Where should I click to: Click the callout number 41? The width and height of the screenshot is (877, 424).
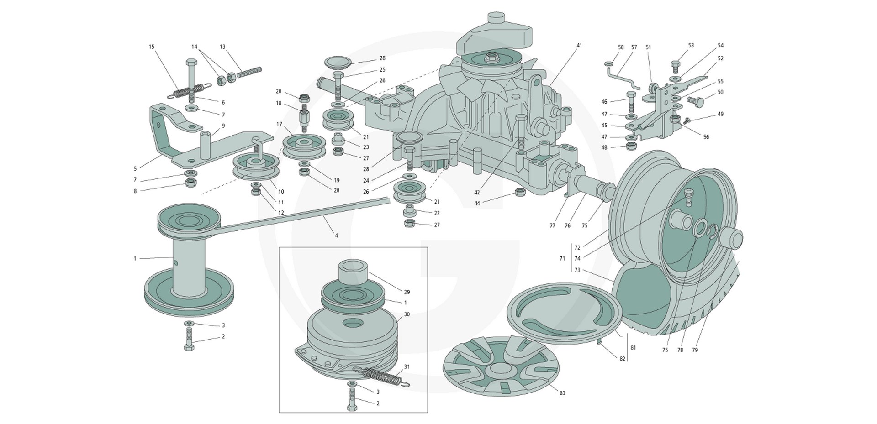pos(579,46)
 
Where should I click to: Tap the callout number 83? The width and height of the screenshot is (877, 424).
pos(562,393)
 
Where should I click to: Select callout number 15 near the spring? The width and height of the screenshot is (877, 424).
pos(152,47)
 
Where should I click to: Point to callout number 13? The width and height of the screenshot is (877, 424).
pos(222,47)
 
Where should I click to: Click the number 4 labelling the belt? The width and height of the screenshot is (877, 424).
pos(337,236)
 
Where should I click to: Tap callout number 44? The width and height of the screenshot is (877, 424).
pos(477,203)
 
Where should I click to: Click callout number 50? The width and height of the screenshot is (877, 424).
pos(720,92)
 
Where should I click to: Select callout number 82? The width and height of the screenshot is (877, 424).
pos(622,359)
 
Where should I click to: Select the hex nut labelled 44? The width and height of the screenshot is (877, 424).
pos(519,192)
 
